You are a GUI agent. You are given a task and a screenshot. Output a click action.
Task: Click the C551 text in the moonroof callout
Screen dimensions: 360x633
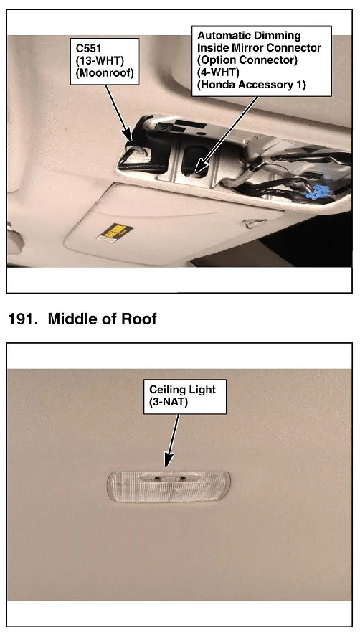(x=89, y=48)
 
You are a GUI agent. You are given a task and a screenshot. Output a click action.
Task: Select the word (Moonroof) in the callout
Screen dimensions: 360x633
(x=105, y=73)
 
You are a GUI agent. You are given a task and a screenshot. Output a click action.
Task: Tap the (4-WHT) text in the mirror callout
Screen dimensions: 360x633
(x=218, y=72)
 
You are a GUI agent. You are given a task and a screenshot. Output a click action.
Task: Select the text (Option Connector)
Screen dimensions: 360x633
(x=247, y=60)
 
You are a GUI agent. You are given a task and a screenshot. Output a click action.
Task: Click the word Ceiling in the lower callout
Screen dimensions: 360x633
(x=166, y=390)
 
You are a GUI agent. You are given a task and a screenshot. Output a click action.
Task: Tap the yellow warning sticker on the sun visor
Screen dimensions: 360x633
(x=114, y=233)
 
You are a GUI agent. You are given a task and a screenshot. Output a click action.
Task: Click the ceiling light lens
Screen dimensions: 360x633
(x=169, y=486)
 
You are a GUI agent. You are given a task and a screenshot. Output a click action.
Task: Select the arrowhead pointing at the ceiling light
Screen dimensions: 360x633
(x=169, y=461)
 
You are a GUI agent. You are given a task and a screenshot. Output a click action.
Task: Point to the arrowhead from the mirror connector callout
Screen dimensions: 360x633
(x=199, y=167)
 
